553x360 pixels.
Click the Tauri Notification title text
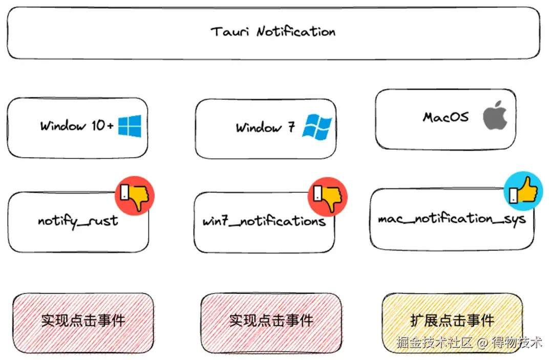click(x=273, y=32)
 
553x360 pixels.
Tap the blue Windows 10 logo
click(x=130, y=126)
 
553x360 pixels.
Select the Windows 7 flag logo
click(x=317, y=126)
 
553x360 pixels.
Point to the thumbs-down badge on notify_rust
click(x=135, y=194)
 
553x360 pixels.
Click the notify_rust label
click(x=78, y=221)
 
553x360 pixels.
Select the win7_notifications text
click(x=264, y=221)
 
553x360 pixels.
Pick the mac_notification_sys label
click(x=452, y=219)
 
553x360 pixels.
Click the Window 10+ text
click(x=77, y=126)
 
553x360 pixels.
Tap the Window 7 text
click(x=265, y=127)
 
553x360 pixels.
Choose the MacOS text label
click(x=445, y=117)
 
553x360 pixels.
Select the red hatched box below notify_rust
click(x=83, y=321)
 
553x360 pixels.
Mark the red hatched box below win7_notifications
click(x=271, y=321)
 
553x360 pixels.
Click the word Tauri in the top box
click(x=230, y=32)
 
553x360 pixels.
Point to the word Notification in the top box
click(x=295, y=32)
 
